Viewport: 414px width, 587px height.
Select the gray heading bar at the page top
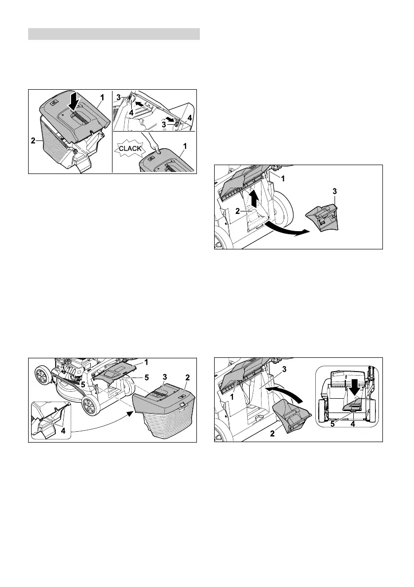tap(114, 34)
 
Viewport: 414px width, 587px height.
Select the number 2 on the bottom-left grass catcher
tap(188, 377)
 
